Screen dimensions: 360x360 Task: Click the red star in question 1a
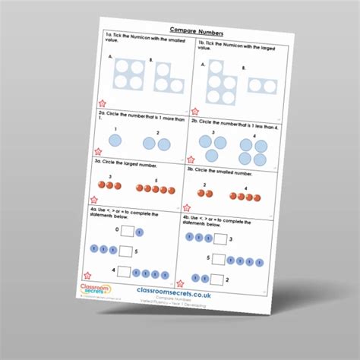click(x=102, y=103)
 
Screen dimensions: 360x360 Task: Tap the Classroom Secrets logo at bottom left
click(x=96, y=289)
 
